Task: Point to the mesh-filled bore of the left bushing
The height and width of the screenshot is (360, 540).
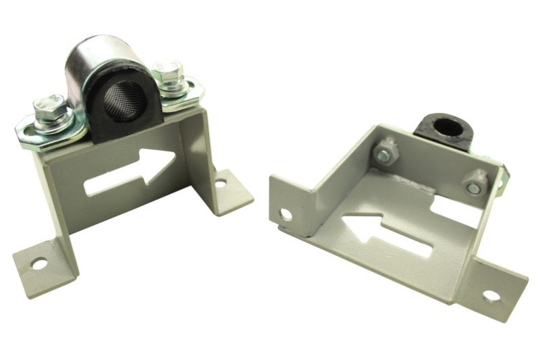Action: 126,101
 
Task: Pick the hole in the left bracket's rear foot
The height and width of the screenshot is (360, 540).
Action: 220,183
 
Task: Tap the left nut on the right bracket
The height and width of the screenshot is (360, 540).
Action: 385,153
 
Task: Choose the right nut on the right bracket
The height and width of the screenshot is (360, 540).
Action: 474,184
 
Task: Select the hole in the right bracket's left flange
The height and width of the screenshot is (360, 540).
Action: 286,215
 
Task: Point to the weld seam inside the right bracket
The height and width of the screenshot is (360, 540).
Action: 418,180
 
